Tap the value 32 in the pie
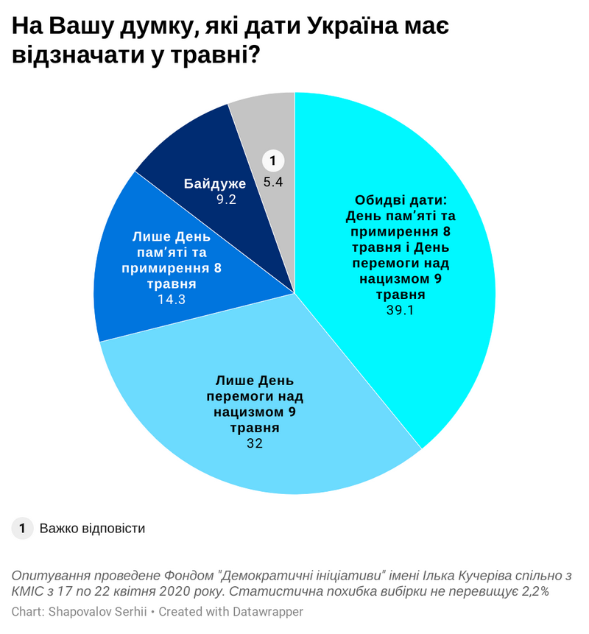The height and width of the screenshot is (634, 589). [x=255, y=443]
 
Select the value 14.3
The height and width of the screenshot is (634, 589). [x=171, y=300]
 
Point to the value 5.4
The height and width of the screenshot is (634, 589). [x=273, y=181]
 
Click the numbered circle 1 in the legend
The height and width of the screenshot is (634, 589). [x=23, y=528]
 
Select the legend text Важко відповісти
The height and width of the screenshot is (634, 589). [x=92, y=529]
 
